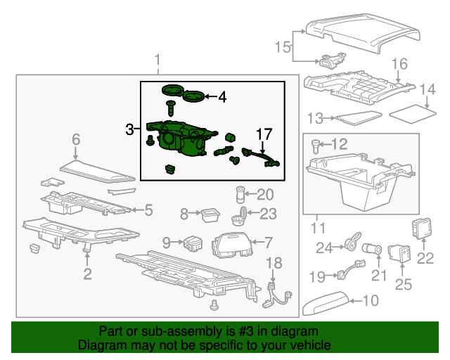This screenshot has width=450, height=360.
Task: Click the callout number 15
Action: (x=282, y=47)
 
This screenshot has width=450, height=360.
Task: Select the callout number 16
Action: (x=399, y=65)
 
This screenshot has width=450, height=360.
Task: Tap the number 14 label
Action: (x=427, y=89)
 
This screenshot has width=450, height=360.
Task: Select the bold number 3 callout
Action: (x=129, y=129)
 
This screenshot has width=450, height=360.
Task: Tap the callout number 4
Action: (x=221, y=98)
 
